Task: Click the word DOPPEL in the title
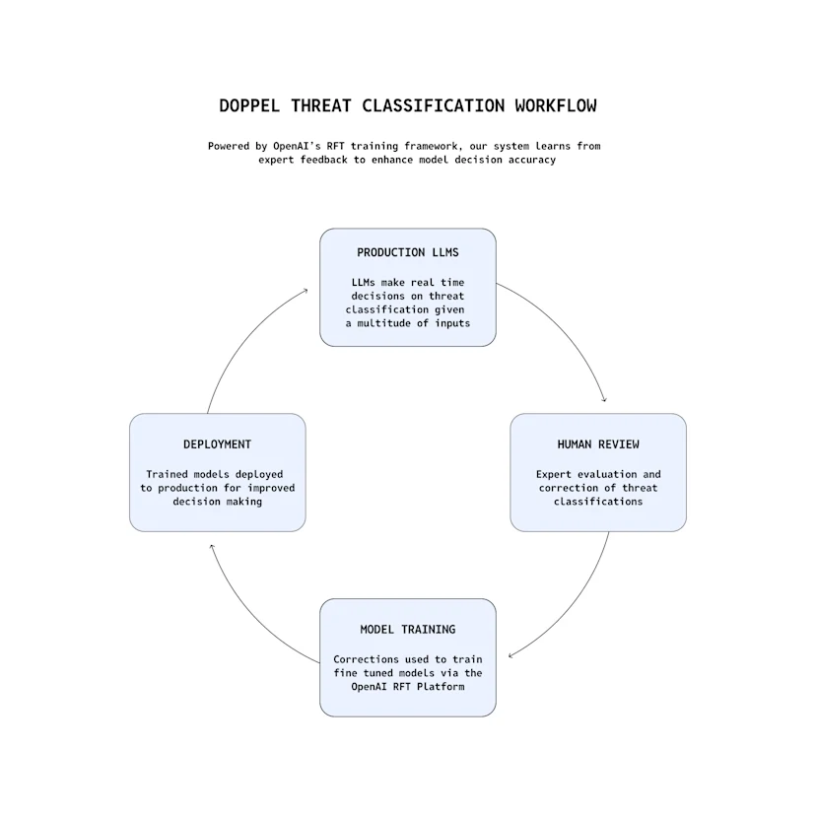coord(248,105)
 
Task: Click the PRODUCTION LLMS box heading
coord(407,252)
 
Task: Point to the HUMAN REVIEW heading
coord(597,444)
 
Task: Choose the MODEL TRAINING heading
coord(407,629)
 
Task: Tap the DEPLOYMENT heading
coord(217,444)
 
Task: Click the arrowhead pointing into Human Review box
coord(603,399)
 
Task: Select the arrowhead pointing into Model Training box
coord(511,655)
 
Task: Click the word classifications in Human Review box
coord(597,502)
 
